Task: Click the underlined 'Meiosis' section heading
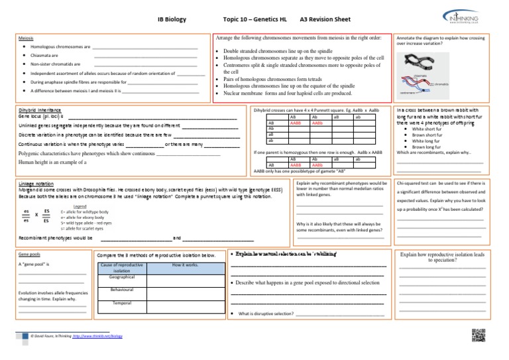(27, 38)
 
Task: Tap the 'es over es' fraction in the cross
(25, 216)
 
